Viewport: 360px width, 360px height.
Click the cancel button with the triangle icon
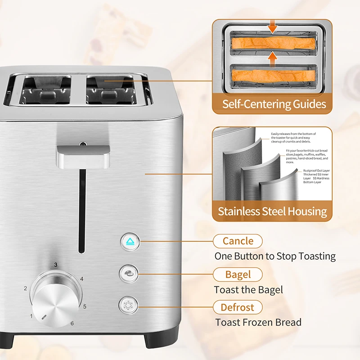(130, 242)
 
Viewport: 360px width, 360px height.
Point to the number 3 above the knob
(56, 265)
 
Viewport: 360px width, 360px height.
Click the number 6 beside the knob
(72, 323)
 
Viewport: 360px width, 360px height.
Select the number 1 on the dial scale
(31, 316)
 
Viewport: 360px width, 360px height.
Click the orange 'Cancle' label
(238, 241)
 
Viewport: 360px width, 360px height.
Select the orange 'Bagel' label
(238, 274)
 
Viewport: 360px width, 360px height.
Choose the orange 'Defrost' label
(237, 308)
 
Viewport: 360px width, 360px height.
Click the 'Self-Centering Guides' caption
(274, 104)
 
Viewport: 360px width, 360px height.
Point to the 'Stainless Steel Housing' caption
(272, 211)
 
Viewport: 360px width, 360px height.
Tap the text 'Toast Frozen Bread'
(258, 322)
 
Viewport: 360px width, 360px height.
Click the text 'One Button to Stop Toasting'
(274, 256)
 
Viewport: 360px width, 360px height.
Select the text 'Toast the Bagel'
(248, 290)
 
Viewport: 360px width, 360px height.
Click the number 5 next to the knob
(84, 307)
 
